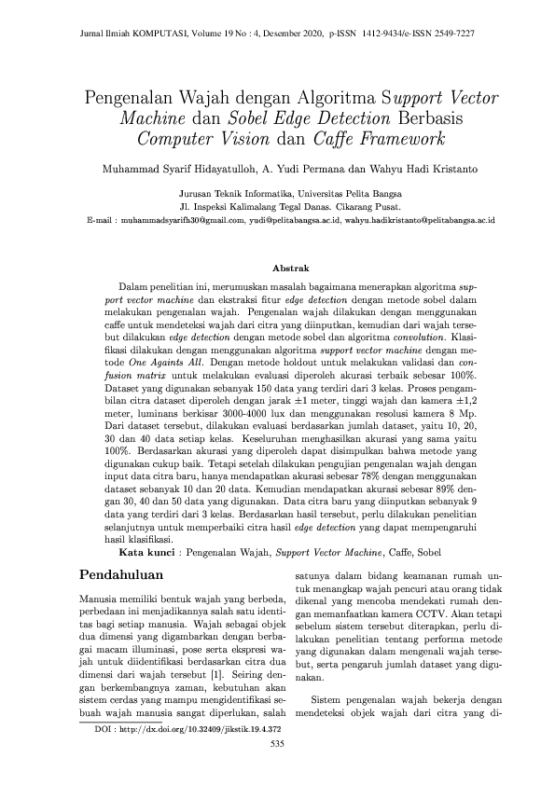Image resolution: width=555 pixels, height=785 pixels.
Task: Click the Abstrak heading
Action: click(x=277, y=268)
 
